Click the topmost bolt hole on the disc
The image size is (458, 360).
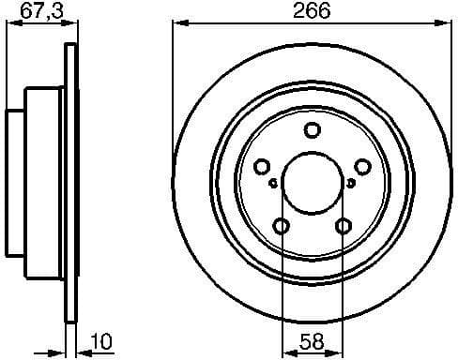[313, 131]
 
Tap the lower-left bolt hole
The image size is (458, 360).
[282, 226]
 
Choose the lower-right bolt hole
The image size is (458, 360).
[343, 226]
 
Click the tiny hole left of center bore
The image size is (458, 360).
[272, 183]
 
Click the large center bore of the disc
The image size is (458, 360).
[313, 182]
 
